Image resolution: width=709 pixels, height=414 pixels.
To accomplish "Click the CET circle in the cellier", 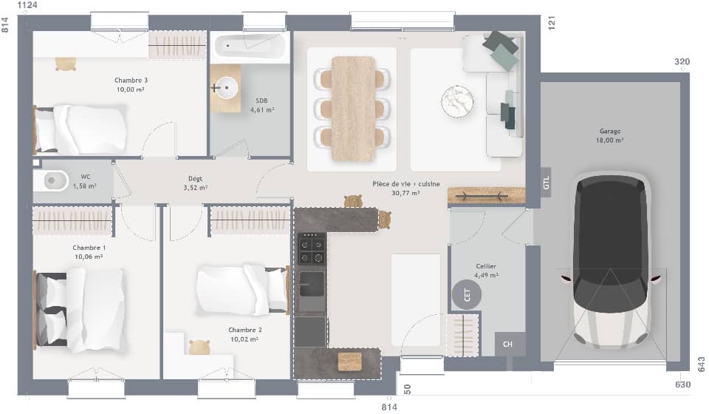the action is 466,294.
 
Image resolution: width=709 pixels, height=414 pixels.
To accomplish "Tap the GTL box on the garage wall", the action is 547,183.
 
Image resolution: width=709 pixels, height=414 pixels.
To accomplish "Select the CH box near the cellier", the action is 509,345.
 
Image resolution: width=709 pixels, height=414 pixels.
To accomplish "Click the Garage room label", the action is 610,131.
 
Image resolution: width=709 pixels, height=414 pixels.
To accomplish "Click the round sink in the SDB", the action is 226,87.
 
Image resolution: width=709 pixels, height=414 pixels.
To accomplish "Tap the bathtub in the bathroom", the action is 250,46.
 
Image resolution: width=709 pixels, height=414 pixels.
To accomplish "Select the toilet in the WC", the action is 51,181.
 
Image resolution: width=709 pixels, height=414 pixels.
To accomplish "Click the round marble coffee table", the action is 457,101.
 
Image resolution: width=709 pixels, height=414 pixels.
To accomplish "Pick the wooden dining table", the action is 354,109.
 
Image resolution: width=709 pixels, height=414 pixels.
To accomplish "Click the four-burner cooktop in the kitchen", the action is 312,248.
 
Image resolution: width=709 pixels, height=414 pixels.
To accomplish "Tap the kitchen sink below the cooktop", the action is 312,284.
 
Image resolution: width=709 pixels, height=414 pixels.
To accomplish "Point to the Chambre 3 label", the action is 131,80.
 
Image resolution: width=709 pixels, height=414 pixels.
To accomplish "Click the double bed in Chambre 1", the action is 80,310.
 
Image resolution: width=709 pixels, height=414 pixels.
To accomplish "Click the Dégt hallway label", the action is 195,179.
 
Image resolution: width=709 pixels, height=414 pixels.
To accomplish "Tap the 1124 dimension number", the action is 27,5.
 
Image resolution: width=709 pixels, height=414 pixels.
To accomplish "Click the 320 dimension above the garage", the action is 682,61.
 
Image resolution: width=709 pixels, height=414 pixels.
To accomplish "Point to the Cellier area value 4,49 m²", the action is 486,275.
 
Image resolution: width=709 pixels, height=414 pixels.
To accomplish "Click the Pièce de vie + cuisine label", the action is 406,183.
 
